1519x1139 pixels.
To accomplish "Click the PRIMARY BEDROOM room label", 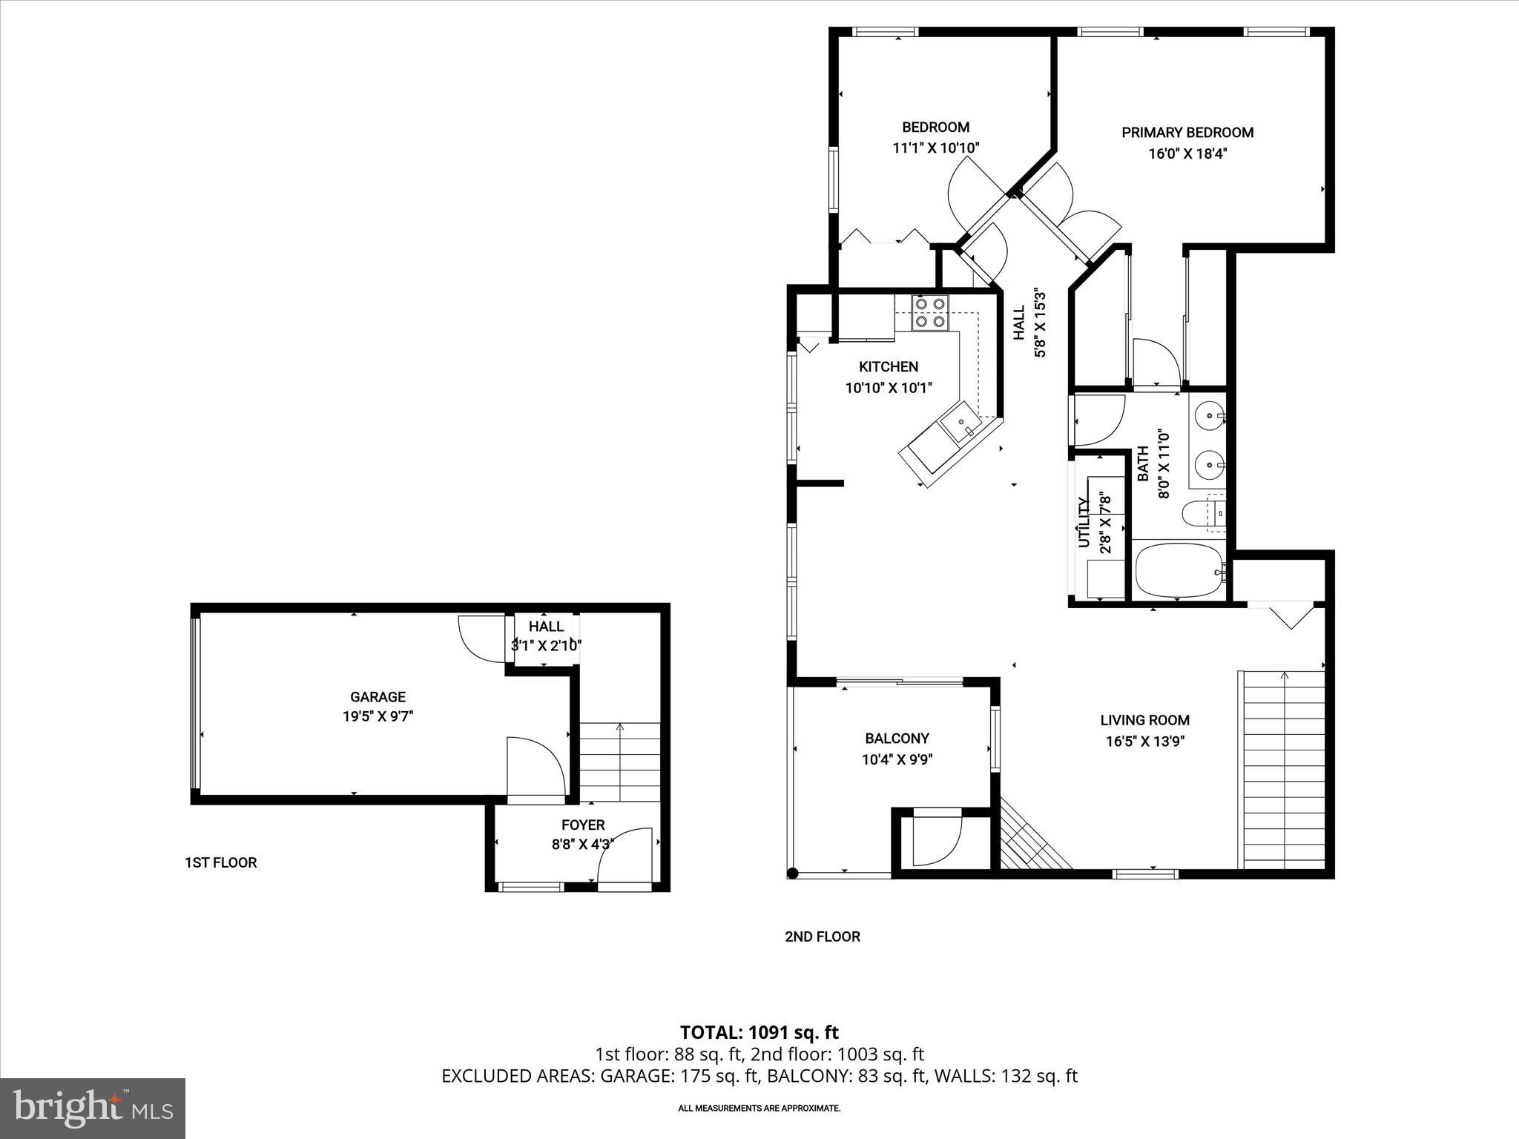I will point(1187,133).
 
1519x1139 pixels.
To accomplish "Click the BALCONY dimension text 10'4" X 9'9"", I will point(897,759).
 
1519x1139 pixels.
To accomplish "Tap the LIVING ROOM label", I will point(1144,720).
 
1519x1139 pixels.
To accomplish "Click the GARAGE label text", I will point(378,697).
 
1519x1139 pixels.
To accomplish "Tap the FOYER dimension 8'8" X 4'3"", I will point(583,844).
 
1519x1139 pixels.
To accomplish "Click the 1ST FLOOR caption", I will point(220,862).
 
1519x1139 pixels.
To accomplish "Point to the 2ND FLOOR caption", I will point(822,937).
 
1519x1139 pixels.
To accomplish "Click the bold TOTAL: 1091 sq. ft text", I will point(759,1032).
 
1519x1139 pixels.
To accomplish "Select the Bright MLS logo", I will point(93,1109).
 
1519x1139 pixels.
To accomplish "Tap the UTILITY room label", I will point(1084,524).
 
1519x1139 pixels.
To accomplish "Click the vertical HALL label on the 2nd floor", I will point(1019,323).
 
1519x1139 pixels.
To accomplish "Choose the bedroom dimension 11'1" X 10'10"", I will point(935,148).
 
